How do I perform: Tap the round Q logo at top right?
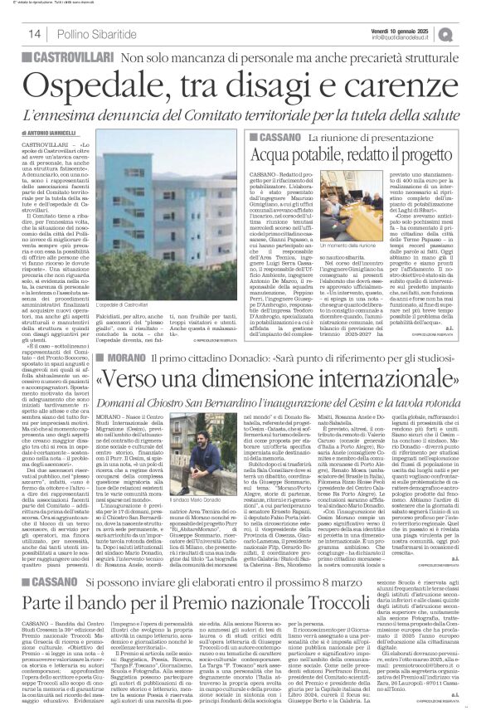pos(469,33)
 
